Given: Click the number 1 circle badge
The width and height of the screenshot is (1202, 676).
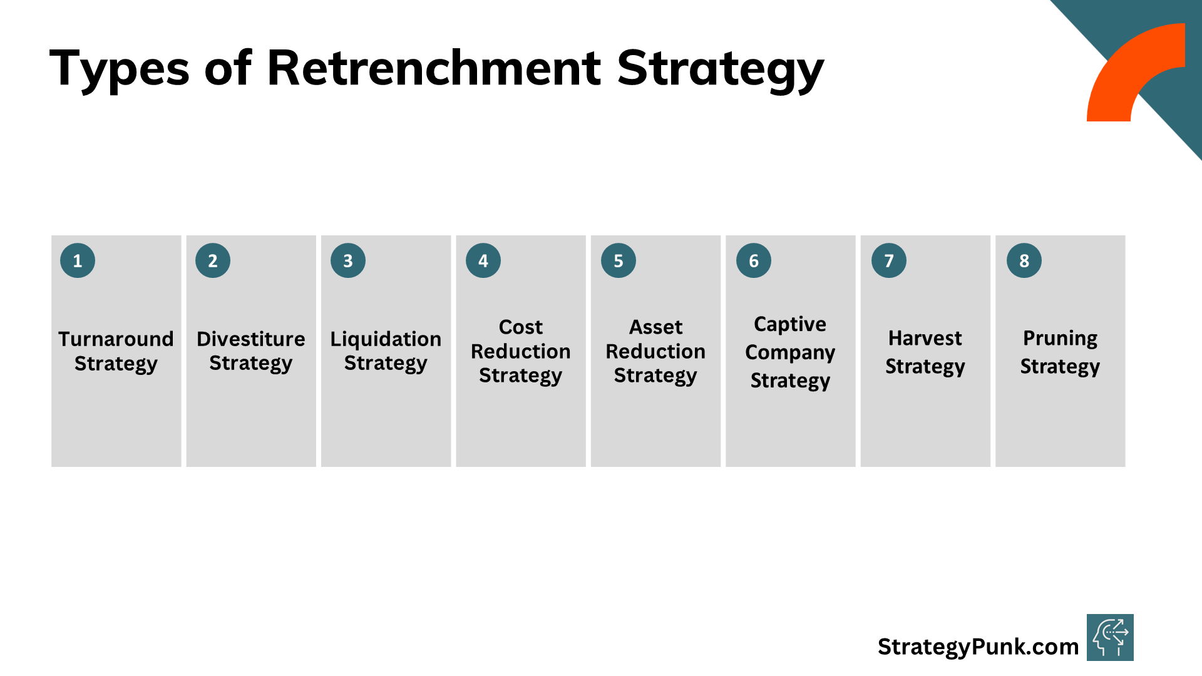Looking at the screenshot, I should click(78, 260).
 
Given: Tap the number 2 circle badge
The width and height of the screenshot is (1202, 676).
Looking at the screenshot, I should click(213, 260).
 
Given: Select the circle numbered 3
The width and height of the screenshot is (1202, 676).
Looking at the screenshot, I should click(348, 260).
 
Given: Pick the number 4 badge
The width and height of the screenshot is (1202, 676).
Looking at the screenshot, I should click(483, 260).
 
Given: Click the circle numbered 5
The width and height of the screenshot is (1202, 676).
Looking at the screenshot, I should click(619, 260).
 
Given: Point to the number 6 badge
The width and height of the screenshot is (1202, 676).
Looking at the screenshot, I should click(754, 260).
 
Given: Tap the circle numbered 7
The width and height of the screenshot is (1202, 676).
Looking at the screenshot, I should click(889, 260).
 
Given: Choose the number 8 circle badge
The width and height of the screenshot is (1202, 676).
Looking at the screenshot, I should click(1024, 260).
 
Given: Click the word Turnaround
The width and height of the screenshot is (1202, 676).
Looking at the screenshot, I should click(116, 339).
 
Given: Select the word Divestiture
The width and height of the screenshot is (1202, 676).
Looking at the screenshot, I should click(251, 339).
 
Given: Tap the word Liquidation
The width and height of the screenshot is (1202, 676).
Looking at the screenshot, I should click(386, 339).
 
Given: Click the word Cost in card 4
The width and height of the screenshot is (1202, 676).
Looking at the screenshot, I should click(521, 327).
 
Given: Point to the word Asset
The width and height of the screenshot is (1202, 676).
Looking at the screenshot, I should click(655, 327).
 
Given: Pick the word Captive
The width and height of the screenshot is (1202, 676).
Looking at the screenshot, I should click(790, 324).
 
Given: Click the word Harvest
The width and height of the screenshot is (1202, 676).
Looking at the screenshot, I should click(925, 338).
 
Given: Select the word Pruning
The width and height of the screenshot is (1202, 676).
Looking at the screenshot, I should click(1060, 338).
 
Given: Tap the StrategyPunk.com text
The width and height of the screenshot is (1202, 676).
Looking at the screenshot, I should click(978, 647).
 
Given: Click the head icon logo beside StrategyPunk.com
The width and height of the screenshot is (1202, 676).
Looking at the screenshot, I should click(1110, 637).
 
